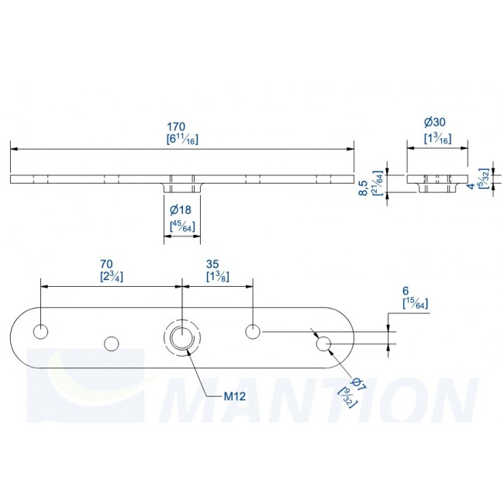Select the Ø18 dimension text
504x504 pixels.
[181, 211]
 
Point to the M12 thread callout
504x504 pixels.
[235, 396]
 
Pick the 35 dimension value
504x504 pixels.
[216, 263]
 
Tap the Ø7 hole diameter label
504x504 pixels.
[357, 384]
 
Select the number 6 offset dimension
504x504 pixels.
[406, 291]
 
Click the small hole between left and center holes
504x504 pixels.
[112, 342]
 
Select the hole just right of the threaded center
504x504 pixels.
[252, 331]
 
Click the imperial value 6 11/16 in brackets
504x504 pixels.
[182, 140]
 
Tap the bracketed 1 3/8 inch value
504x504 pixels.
[216, 276]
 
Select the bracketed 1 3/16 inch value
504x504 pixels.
[437, 137]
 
